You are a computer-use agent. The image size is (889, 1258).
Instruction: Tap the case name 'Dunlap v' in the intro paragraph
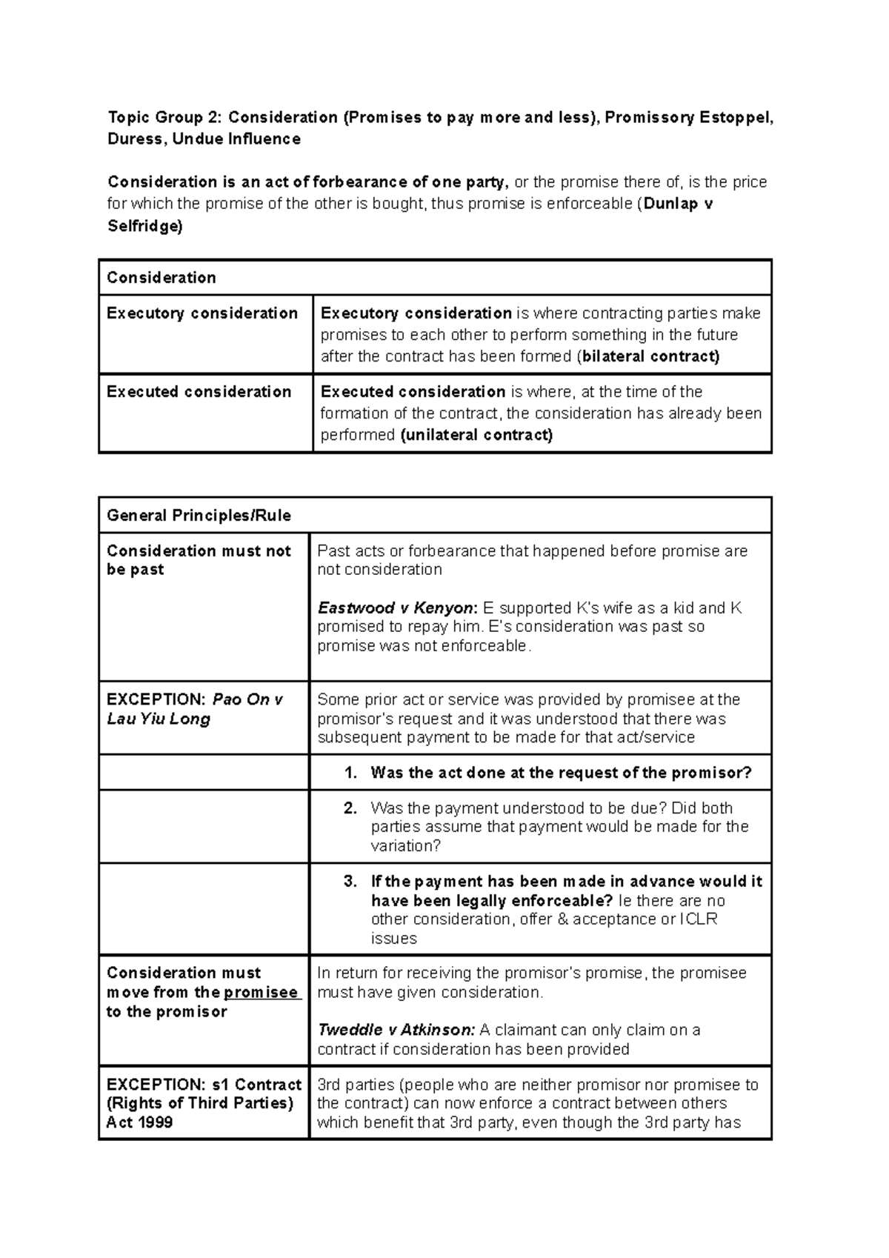[x=678, y=204]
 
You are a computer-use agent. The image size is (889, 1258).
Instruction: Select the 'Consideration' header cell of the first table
[x=162, y=278]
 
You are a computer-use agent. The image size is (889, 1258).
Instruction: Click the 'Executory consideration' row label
[x=202, y=313]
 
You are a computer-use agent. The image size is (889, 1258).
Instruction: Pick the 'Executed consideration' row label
[x=199, y=392]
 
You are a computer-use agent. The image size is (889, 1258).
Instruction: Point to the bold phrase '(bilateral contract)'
[x=647, y=356]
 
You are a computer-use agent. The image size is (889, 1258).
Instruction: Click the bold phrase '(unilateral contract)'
[x=476, y=435]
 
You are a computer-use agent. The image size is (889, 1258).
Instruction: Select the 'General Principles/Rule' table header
[x=199, y=516]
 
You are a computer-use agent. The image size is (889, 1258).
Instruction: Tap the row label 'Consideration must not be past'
[x=199, y=560]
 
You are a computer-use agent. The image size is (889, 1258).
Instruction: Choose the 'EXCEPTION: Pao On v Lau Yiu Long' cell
[x=195, y=709]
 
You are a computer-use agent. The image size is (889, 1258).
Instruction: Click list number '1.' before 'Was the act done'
[x=351, y=773]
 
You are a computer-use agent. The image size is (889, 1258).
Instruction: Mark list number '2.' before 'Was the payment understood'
[x=351, y=808]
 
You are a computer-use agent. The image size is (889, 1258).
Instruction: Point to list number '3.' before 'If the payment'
[x=351, y=882]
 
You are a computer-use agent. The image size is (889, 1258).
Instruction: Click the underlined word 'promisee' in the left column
[x=261, y=993]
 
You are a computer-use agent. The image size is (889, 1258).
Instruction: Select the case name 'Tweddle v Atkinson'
[x=396, y=1030]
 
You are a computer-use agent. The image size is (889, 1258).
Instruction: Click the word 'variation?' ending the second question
[x=406, y=846]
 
